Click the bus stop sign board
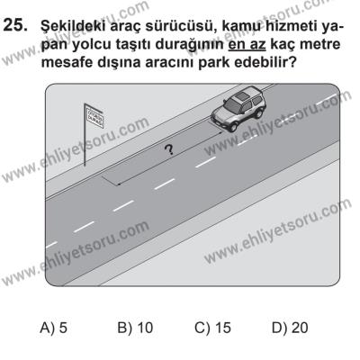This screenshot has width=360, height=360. pyautogui.click(x=93, y=114)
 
